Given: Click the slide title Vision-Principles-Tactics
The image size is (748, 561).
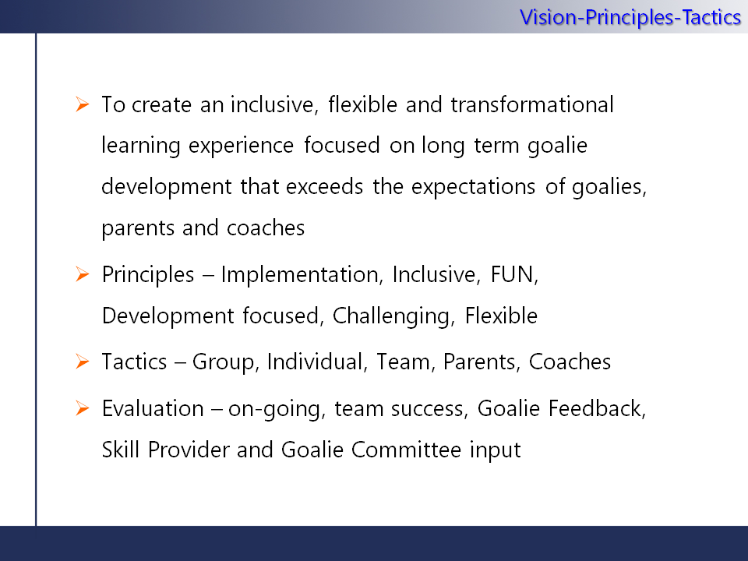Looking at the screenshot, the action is coord(630,18).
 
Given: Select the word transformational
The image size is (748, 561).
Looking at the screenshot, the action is coord(532,104).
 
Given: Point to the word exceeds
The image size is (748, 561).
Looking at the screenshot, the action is coord(324,186).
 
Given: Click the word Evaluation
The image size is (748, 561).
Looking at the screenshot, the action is coord(153,408).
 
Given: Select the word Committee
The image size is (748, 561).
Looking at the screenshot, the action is coord(407,450).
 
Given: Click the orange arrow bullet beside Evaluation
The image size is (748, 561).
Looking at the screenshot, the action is coord(83,408).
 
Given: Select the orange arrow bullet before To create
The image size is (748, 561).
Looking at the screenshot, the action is coord(83,104).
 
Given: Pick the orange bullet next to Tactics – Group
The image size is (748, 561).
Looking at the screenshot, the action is coord(83,362).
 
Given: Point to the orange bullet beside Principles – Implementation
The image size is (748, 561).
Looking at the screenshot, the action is coord(83,274).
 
